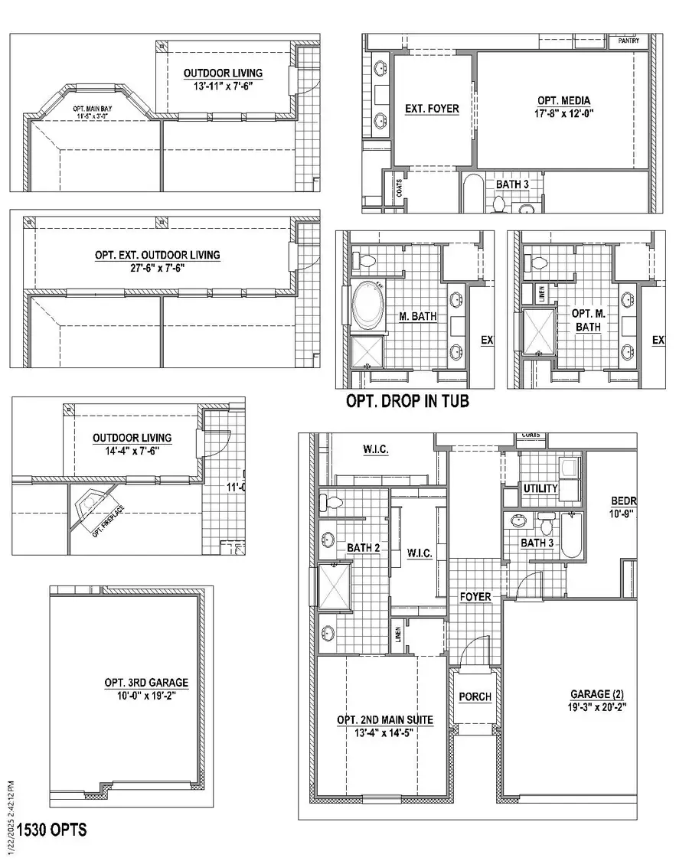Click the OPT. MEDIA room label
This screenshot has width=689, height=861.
pos(563,100)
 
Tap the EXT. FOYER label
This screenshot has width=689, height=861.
pos(432,109)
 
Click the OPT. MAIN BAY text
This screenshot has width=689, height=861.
pos(93,109)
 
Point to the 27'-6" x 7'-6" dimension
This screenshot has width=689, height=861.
pos(167,269)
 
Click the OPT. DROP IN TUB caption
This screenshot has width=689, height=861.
pos(407,401)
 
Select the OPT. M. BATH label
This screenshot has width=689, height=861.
pos(588,320)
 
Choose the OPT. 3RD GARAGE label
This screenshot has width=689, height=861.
pos(146,683)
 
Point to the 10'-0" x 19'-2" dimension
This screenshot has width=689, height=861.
pos(146,696)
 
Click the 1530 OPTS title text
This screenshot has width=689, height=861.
pos(52,830)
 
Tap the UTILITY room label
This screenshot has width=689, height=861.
pos(540,488)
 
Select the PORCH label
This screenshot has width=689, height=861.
pos(475,697)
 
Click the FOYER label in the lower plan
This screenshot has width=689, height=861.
pos(475,596)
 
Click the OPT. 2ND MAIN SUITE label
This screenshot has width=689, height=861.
pos(385,720)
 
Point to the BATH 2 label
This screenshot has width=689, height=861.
pos(358,548)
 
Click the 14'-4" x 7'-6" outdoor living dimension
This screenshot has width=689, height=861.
pos(132,452)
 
